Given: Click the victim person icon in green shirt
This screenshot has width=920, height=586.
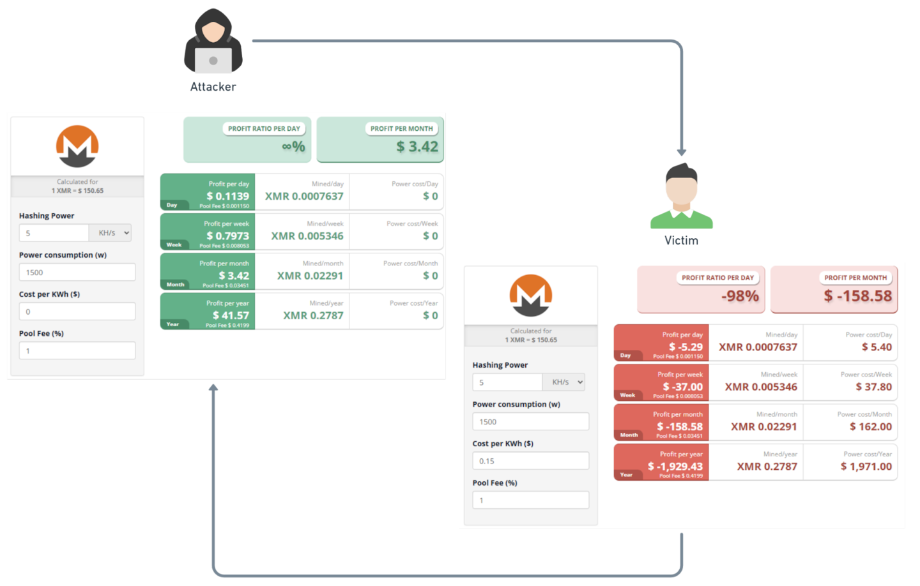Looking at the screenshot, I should (x=681, y=197).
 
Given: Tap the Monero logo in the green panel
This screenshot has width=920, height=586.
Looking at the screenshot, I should (x=77, y=146).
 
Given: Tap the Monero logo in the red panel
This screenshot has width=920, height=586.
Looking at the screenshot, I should (x=530, y=296).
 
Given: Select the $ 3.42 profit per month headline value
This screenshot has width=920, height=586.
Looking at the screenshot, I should (x=417, y=147).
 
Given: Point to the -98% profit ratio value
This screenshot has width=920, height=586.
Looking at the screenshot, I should (x=740, y=296).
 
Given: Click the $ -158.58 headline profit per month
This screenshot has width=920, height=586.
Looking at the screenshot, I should (x=857, y=296).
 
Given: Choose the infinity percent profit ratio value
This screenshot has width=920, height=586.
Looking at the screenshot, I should (x=293, y=147).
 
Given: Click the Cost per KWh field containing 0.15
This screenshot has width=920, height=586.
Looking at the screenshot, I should (x=530, y=461).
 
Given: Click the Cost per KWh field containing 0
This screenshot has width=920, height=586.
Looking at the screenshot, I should (x=77, y=312).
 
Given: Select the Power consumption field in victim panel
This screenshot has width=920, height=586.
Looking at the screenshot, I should (x=530, y=422).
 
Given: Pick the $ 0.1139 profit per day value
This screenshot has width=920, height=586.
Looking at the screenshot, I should (x=227, y=196).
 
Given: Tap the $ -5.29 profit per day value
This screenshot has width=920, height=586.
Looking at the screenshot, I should (x=686, y=347).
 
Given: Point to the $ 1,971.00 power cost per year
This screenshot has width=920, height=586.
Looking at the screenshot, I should (x=866, y=467).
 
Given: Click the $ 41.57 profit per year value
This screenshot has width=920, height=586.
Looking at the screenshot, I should (x=231, y=315).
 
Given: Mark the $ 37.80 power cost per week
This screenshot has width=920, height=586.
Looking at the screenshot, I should (x=873, y=387).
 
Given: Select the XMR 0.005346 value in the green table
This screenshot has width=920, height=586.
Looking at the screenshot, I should (x=307, y=236).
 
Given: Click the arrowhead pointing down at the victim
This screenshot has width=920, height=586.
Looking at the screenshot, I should (x=682, y=153).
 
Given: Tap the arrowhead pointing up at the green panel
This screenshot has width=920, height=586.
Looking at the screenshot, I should (x=213, y=387).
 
